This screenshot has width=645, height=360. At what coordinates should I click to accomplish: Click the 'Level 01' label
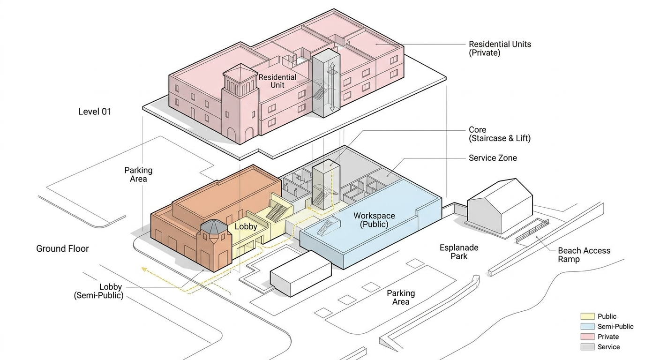point(95,112)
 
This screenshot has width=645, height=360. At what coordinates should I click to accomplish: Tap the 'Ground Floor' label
point(62,248)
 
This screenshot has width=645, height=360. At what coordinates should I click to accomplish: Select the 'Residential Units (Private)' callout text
point(500,48)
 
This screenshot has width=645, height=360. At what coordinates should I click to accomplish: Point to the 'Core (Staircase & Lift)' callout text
point(499,134)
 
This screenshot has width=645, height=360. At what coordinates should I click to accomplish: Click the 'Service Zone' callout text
point(493,158)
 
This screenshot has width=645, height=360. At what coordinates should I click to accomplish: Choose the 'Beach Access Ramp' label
point(584,255)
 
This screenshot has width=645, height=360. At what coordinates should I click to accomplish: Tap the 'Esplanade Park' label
point(458,252)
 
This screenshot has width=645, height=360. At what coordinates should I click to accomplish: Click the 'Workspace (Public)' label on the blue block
point(374,220)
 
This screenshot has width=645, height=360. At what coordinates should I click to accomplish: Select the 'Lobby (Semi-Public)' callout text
point(98,291)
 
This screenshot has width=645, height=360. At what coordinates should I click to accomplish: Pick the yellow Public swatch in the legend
point(587,316)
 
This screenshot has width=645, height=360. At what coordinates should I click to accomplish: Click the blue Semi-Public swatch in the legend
point(587,327)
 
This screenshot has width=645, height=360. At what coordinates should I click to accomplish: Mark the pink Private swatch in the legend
point(587,337)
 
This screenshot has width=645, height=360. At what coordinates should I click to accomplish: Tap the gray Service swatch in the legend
point(587,347)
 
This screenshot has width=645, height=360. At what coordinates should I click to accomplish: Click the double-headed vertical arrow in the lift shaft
point(332,87)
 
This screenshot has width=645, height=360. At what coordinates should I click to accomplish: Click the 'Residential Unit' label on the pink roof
point(277,81)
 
